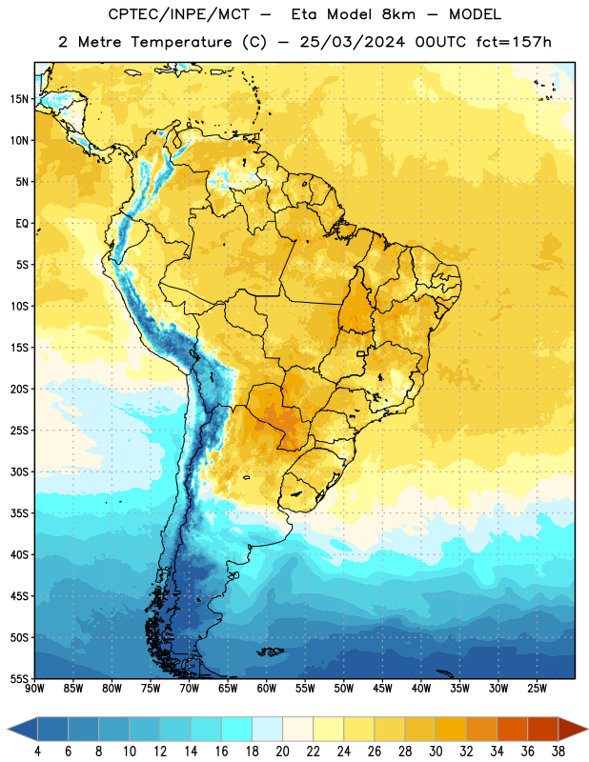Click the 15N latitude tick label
[19, 99]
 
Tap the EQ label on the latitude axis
[22, 224]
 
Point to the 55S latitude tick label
[19, 678]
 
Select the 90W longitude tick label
[34, 689]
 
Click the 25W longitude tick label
[537, 689]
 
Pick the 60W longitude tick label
[267, 689]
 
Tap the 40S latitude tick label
[19, 554]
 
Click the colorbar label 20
[282, 752]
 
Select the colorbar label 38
[558, 752]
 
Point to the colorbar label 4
[37, 752]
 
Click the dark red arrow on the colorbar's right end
[572, 730]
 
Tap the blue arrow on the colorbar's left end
[22, 730]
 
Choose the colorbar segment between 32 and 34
[481, 730]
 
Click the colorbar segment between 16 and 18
[236, 730]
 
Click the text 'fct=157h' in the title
[514, 42]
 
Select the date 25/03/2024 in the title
[352, 42]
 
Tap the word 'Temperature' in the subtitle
[181, 42]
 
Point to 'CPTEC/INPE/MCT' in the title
[179, 14]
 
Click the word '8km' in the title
[398, 14]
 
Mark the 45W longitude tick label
[382, 689]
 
